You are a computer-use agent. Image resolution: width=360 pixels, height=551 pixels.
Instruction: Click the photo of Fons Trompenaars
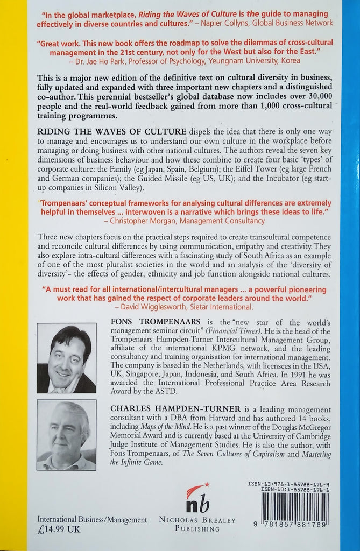(67, 358)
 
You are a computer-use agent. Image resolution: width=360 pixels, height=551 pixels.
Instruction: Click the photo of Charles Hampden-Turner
(67, 435)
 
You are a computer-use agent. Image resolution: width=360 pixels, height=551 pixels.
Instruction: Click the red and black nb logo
(197, 498)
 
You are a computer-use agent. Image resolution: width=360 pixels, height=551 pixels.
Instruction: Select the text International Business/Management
(92, 519)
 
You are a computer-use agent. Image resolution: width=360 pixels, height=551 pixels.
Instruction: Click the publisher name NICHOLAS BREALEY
(197, 520)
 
